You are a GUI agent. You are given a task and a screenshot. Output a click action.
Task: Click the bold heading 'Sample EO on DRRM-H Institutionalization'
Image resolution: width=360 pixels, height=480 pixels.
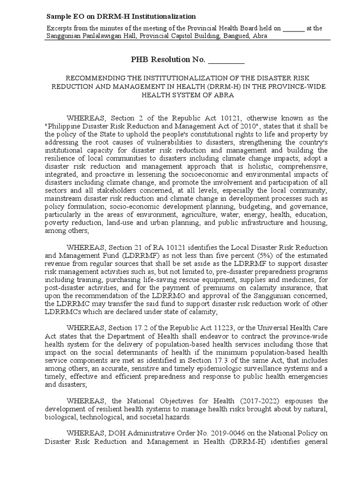[114, 16]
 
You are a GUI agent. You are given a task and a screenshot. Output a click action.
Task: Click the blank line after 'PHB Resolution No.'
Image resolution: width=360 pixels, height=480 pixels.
[226, 60]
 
